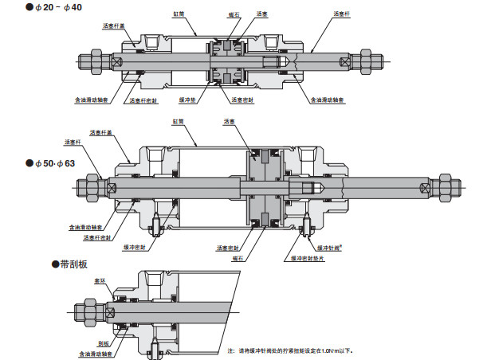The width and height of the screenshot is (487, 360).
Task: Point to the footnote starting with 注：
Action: click(289, 350)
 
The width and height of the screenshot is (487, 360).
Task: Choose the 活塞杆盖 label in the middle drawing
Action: click(100, 132)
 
